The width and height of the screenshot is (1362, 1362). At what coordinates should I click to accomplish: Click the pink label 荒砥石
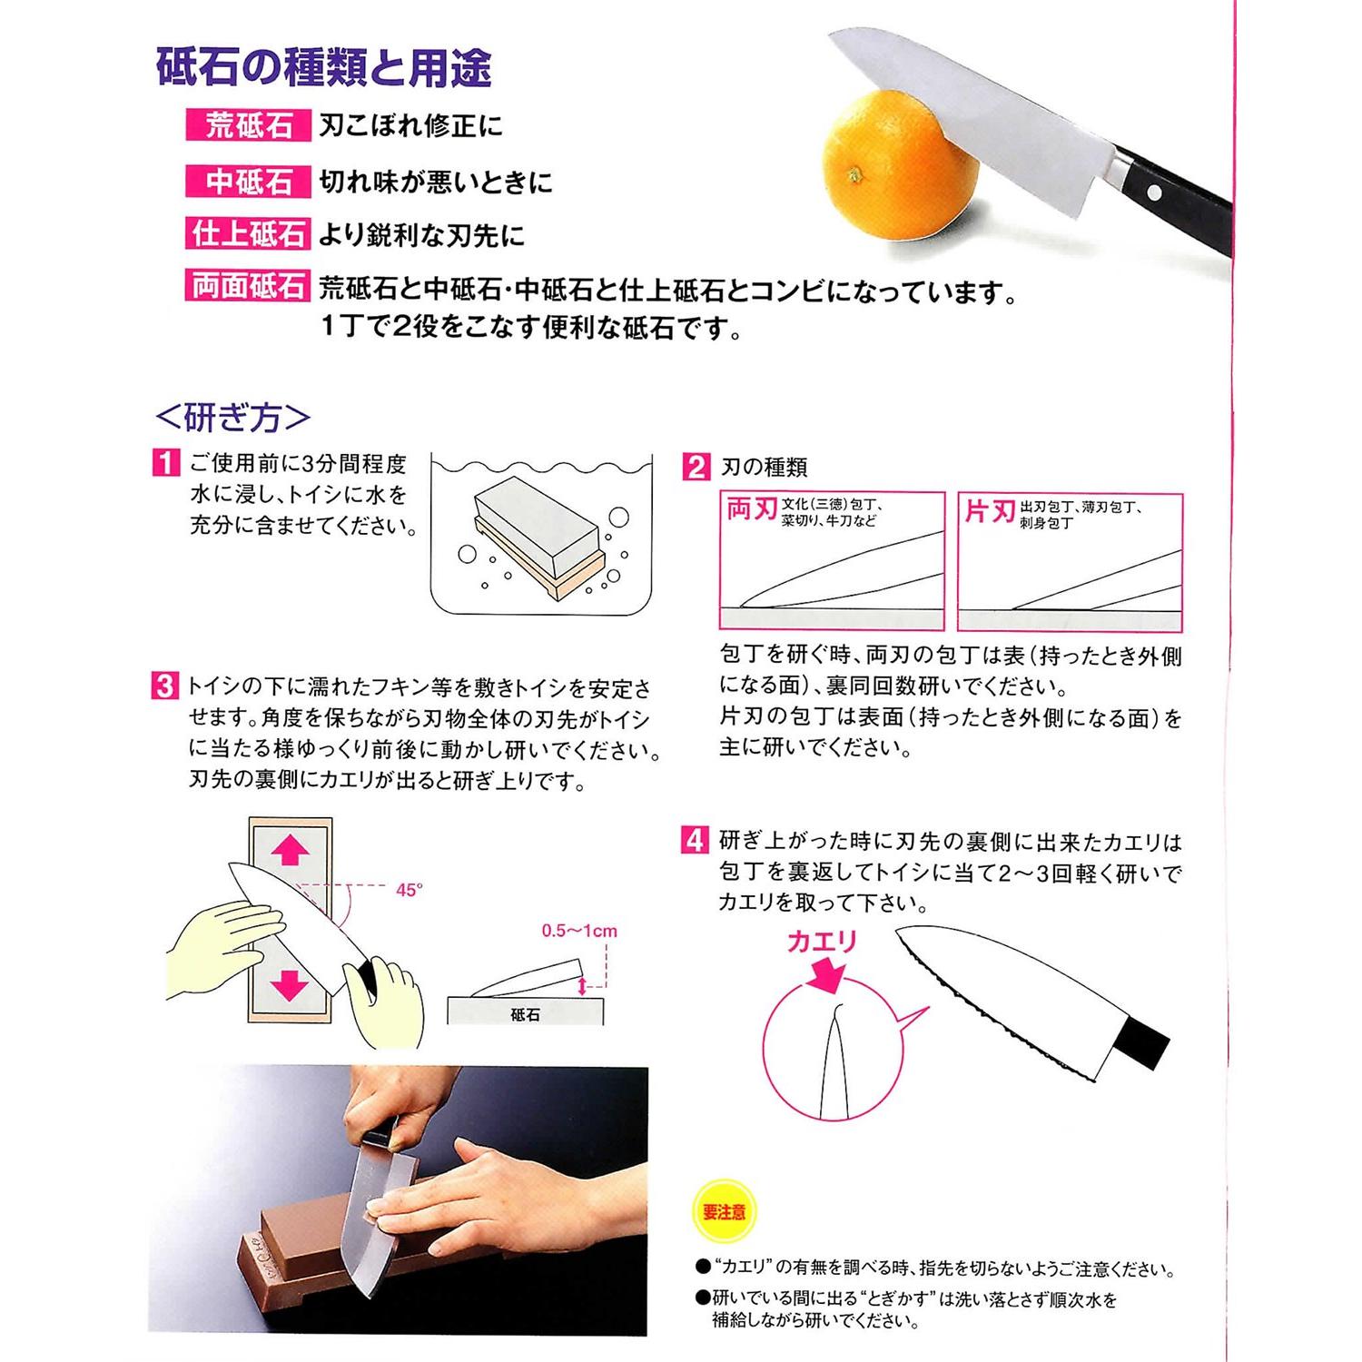[x=248, y=126]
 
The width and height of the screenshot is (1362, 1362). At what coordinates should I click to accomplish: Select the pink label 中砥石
[x=248, y=182]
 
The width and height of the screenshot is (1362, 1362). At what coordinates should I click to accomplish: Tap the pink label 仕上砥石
[x=248, y=234]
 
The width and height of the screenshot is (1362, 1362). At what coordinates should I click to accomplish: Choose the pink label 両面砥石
[x=248, y=287]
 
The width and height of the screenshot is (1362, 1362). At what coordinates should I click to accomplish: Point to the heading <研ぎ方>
[x=233, y=418]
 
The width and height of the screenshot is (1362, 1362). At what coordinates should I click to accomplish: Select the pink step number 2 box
[x=695, y=467]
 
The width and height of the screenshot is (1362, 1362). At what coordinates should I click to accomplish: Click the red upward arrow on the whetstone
[x=290, y=851]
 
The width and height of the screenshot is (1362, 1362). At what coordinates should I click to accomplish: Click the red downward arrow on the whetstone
[x=290, y=983]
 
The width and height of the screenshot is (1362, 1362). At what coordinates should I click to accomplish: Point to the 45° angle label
[x=410, y=891]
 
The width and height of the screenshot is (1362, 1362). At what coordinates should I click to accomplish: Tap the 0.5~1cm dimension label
[x=578, y=931]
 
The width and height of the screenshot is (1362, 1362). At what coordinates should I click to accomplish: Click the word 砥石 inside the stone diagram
[x=525, y=1014]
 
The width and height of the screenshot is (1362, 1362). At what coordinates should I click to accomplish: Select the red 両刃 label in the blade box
[x=751, y=510]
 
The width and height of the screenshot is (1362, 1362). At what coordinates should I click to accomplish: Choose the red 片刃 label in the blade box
[x=990, y=512]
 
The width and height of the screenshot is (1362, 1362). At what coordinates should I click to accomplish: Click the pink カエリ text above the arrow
[x=822, y=942]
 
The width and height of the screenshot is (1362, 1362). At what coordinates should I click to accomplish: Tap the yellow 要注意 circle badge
[x=724, y=1212]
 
